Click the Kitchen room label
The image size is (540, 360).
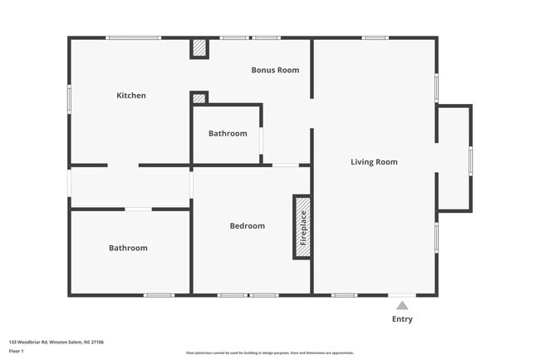click(131, 96)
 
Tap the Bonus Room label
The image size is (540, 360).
click(275, 70)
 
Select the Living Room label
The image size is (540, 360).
click(374, 162)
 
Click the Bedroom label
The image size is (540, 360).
click(248, 226)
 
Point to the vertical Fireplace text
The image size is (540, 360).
click(303, 227)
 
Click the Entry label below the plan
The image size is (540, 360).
click(402, 319)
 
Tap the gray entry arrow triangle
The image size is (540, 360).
click(402, 305)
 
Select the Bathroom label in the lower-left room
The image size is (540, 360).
click(128, 248)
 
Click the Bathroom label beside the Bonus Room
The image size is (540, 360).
click(228, 134)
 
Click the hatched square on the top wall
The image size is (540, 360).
click(199, 48)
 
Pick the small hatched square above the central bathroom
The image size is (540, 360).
click(199, 98)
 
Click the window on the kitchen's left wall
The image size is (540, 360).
click(69, 100)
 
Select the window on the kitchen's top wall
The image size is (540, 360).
click(134, 37)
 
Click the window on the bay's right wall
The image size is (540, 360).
click(471, 159)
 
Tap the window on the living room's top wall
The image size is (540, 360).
click(376, 37)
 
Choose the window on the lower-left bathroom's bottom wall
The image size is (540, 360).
click(159, 295)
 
